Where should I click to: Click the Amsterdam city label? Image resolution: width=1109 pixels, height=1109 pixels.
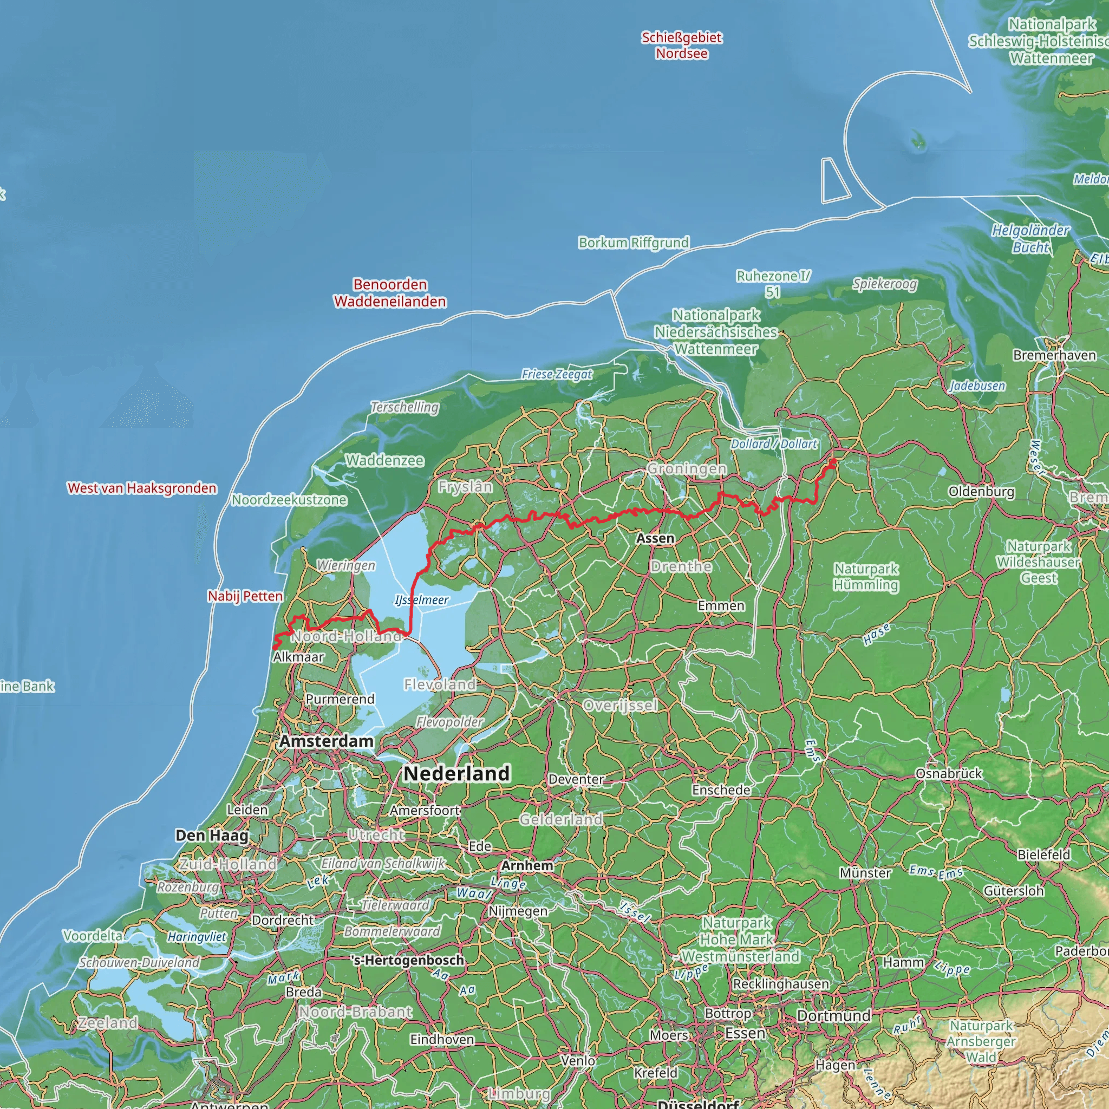(x=326, y=741)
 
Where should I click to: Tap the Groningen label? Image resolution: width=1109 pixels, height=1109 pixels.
(x=687, y=469)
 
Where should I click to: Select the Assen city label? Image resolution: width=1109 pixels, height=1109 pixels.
(x=655, y=538)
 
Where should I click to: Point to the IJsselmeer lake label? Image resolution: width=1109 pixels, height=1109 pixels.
(x=421, y=600)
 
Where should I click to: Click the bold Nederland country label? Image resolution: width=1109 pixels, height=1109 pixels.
(x=456, y=773)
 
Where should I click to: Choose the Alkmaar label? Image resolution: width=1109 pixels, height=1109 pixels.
(x=298, y=657)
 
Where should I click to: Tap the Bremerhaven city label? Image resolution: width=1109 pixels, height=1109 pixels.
(x=1054, y=355)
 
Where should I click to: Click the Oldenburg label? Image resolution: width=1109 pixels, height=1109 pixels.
(x=981, y=491)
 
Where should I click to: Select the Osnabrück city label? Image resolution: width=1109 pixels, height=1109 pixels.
(x=949, y=773)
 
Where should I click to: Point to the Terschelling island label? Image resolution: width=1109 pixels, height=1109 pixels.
(x=405, y=407)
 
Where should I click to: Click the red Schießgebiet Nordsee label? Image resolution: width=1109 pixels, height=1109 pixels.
(x=681, y=45)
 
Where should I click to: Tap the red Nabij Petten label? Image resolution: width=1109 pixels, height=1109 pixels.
(x=245, y=596)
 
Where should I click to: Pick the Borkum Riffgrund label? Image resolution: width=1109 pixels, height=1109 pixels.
(x=633, y=242)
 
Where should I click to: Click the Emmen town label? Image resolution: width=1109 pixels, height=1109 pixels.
(x=721, y=605)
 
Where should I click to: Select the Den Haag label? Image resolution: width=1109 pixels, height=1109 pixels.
(x=212, y=835)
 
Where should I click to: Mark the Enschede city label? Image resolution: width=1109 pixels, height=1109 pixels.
(x=721, y=790)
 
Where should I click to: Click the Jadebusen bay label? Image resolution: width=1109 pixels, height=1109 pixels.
(x=977, y=386)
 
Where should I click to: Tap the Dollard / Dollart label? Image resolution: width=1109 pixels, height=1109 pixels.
(x=773, y=443)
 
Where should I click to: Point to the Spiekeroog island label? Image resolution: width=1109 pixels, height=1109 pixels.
(x=885, y=284)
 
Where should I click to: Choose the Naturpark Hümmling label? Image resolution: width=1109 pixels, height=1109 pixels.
(x=866, y=577)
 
